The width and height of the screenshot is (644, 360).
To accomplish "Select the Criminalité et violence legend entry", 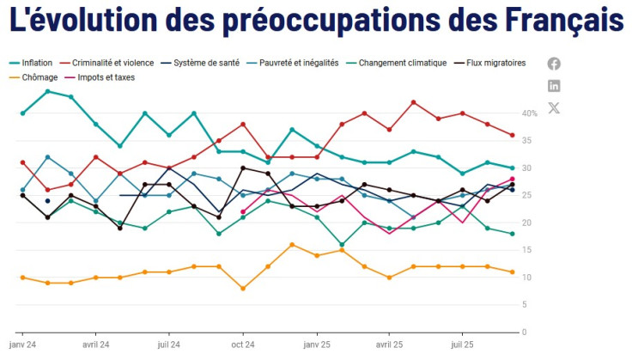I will tap(112, 63).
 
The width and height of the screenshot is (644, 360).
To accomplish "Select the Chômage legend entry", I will tap(35, 77).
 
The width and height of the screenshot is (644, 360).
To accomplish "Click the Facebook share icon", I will tap(554, 64).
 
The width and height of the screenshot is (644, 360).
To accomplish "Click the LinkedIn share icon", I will tap(554, 86).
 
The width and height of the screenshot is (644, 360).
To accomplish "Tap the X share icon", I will tap(554, 107).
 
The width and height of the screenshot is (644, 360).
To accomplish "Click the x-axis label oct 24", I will tap(244, 345).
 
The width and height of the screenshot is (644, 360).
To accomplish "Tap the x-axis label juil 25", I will tap(464, 345).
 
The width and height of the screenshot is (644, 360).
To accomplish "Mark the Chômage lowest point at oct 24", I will tap(244, 289).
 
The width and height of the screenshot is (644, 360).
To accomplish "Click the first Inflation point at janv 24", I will tap(22, 113).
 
